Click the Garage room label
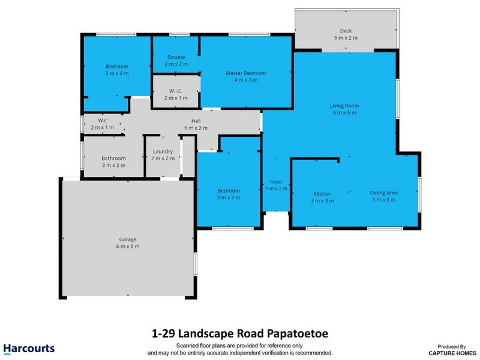[128, 239]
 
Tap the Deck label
[346, 31]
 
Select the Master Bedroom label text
[246, 73]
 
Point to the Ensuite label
[176, 57]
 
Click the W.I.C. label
[176, 91]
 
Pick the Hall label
[196, 121]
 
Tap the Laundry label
[163, 152]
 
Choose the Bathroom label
[113, 158]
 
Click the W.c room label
[102, 121]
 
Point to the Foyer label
[276, 182]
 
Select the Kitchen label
[322, 194]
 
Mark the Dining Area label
[383, 193]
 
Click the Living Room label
[344, 106]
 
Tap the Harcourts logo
[29, 349]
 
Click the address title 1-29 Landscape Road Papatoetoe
[240, 334]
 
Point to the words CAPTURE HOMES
[452, 353]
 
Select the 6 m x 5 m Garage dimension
[128, 247]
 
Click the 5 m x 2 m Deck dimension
[346, 38]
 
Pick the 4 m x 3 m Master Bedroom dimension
[246, 80]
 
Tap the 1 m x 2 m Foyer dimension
[276, 188]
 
